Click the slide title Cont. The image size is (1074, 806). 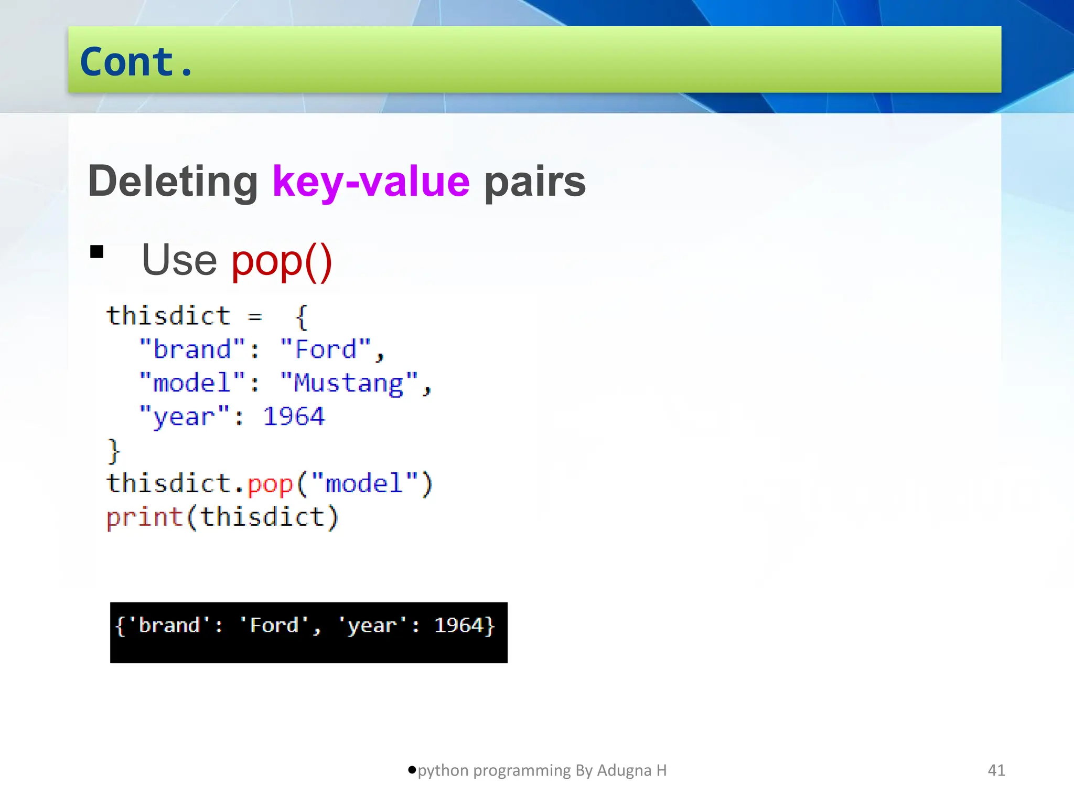coord(136,62)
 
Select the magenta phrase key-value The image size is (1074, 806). coord(371,182)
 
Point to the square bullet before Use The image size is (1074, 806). coord(97,252)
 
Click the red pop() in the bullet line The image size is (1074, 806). coord(282,261)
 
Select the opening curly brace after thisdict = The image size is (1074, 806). coord(302,317)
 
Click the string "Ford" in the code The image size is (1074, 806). coord(326,350)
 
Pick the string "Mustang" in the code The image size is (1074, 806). coord(349,384)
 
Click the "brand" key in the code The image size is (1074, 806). coord(192,350)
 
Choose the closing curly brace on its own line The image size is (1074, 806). coord(114,451)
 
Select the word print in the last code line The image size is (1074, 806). coord(145,518)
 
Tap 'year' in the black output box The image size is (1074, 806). coord(372,625)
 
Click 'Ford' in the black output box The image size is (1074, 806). coord(274,625)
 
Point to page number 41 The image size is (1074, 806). coord(996,770)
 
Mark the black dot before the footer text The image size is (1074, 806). coord(412,770)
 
